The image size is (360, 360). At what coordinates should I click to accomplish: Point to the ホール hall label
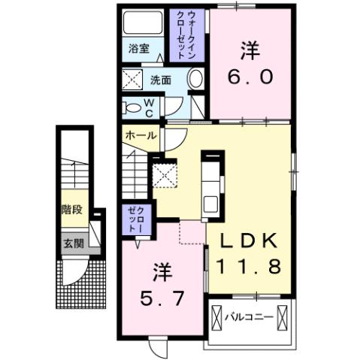pos(141,136)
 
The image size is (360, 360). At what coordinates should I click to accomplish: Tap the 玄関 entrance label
pos(72,243)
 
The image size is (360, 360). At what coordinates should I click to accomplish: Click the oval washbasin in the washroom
pos(195,77)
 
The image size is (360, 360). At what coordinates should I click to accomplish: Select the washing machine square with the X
pos(133,77)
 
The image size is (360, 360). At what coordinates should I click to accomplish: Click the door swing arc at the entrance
pos(74,274)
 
